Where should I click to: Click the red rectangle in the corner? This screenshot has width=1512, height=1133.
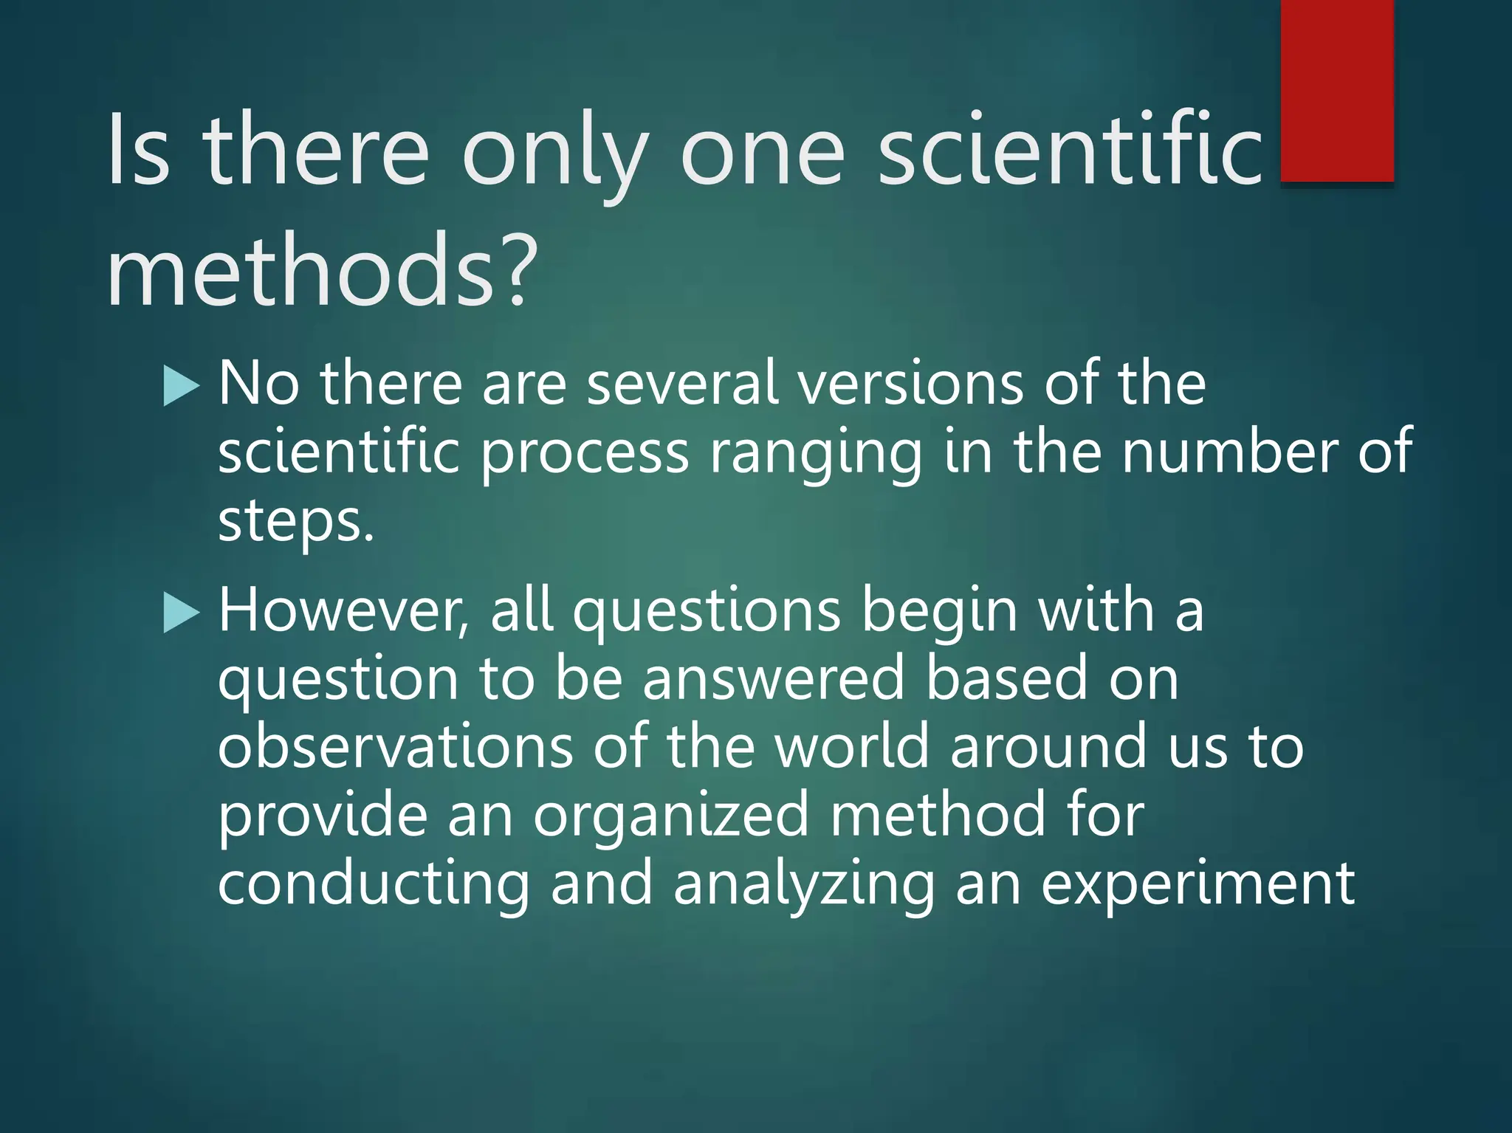point(1336,90)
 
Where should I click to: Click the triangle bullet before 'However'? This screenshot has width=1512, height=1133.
point(181,614)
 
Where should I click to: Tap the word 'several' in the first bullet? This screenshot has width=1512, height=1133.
point(683,384)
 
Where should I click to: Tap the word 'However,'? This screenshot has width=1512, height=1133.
point(344,613)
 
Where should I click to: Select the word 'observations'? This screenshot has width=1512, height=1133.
point(395,747)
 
